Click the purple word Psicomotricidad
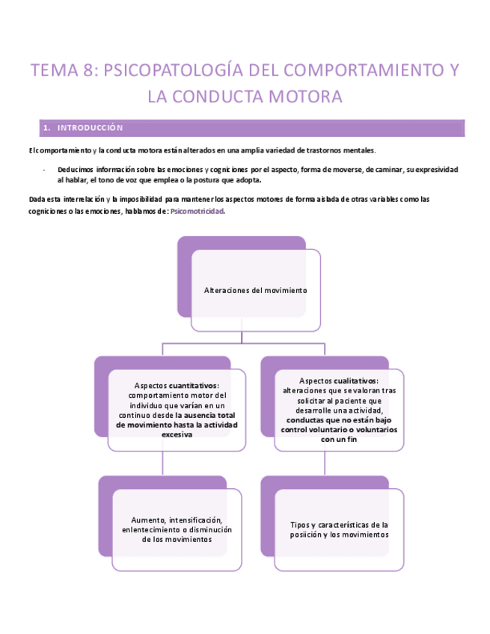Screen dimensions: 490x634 (x=197, y=212)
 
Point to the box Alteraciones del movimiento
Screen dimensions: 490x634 (x=255, y=290)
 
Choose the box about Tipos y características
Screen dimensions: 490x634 (x=339, y=529)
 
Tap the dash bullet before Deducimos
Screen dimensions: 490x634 (x=46, y=170)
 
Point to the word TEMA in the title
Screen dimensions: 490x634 (x=54, y=72)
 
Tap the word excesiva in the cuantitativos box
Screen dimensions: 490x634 (x=177, y=434)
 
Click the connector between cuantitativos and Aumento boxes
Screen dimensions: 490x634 (x=164, y=464)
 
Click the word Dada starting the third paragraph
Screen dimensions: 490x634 (x=37, y=199)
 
